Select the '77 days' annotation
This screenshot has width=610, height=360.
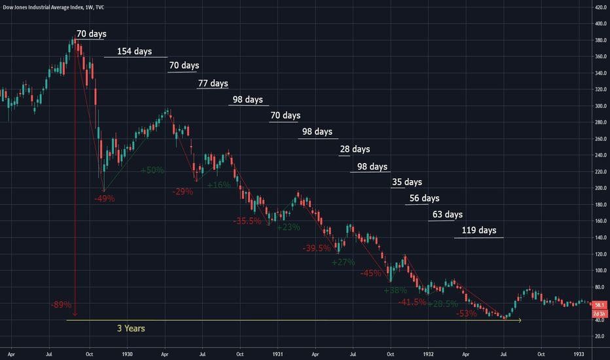pyautogui.click(x=213, y=83)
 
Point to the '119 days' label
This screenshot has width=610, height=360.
pyautogui.click(x=478, y=230)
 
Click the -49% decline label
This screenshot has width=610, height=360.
pyautogui.click(x=104, y=197)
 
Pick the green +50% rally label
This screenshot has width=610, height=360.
pyautogui.click(x=152, y=170)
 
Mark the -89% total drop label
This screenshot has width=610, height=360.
pyautogui.click(x=61, y=304)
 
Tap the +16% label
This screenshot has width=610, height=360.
pyautogui.click(x=219, y=185)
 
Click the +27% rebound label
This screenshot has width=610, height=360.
pyautogui.click(x=343, y=262)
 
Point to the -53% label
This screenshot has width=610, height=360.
pyautogui.click(x=467, y=314)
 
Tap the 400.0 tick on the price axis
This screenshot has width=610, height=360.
pyautogui.click(x=600, y=24)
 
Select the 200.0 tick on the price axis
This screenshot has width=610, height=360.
pyautogui.click(x=600, y=188)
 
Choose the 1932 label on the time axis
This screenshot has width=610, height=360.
pyautogui.click(x=428, y=353)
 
